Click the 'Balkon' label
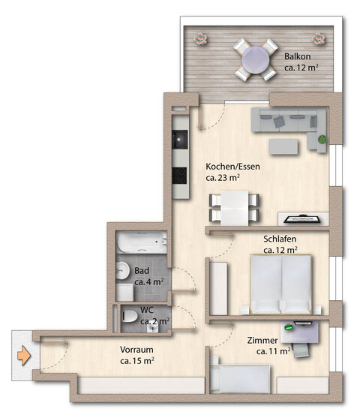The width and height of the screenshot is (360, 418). click(297, 56)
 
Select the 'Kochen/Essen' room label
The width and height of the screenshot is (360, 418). click(232, 166)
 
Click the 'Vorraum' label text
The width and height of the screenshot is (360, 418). click(137, 348)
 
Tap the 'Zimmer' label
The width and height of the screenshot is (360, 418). click(262, 339)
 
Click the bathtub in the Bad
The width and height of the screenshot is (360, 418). click(141, 243)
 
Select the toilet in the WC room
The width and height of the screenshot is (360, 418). click(130, 317)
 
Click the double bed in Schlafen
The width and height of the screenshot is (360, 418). click(280, 284)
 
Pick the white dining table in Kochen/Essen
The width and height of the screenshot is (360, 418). click(233, 206)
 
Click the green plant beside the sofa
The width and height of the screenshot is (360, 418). click(322, 139)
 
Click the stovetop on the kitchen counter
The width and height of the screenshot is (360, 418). click(180, 174)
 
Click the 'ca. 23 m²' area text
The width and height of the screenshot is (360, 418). click(223, 179)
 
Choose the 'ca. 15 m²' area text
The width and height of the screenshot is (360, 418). click(137, 361)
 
